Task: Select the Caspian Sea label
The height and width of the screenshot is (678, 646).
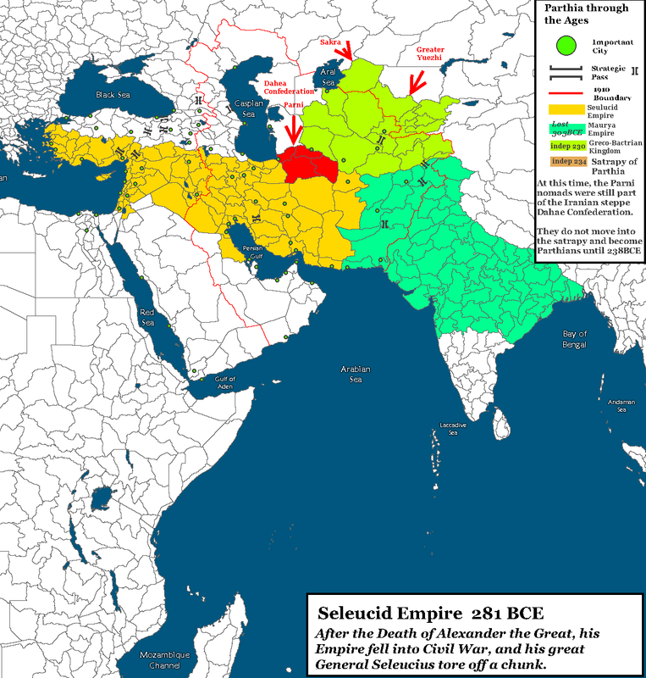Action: [244, 109]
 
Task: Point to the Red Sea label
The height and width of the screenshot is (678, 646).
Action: [148, 317]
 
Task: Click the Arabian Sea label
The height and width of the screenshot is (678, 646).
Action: [356, 375]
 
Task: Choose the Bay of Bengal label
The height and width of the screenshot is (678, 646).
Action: [575, 340]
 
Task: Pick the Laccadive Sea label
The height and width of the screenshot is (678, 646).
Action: [448, 429]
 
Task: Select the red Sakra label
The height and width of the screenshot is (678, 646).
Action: [330, 42]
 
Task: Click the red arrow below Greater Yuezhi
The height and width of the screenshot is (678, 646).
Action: [415, 83]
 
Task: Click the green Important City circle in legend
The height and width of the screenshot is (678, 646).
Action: [563, 43]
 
